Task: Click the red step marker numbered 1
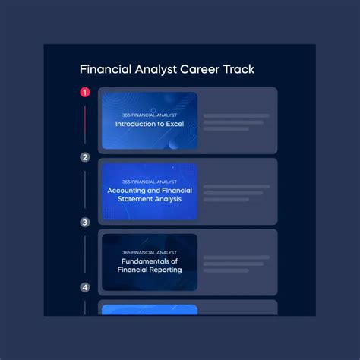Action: click(85, 93)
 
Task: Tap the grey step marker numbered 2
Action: click(85, 158)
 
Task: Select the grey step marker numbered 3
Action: click(85, 223)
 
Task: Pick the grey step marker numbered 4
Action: click(85, 288)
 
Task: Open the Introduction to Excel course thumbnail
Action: click(149, 121)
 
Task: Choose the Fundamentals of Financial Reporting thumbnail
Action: click(149, 262)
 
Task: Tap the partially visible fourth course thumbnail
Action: click(149, 310)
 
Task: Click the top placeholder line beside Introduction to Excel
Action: click(236, 116)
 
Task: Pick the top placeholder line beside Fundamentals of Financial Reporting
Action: click(236, 257)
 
